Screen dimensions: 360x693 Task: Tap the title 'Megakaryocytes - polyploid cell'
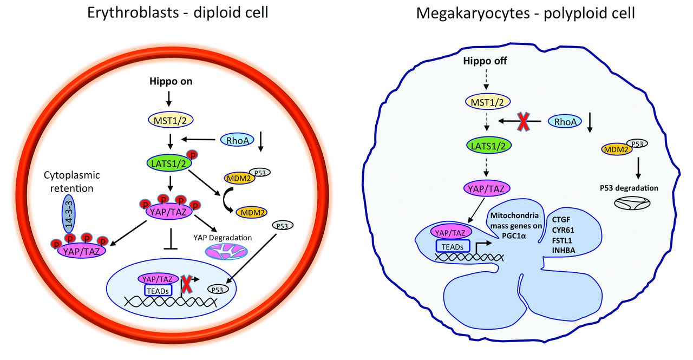(x=525, y=14)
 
